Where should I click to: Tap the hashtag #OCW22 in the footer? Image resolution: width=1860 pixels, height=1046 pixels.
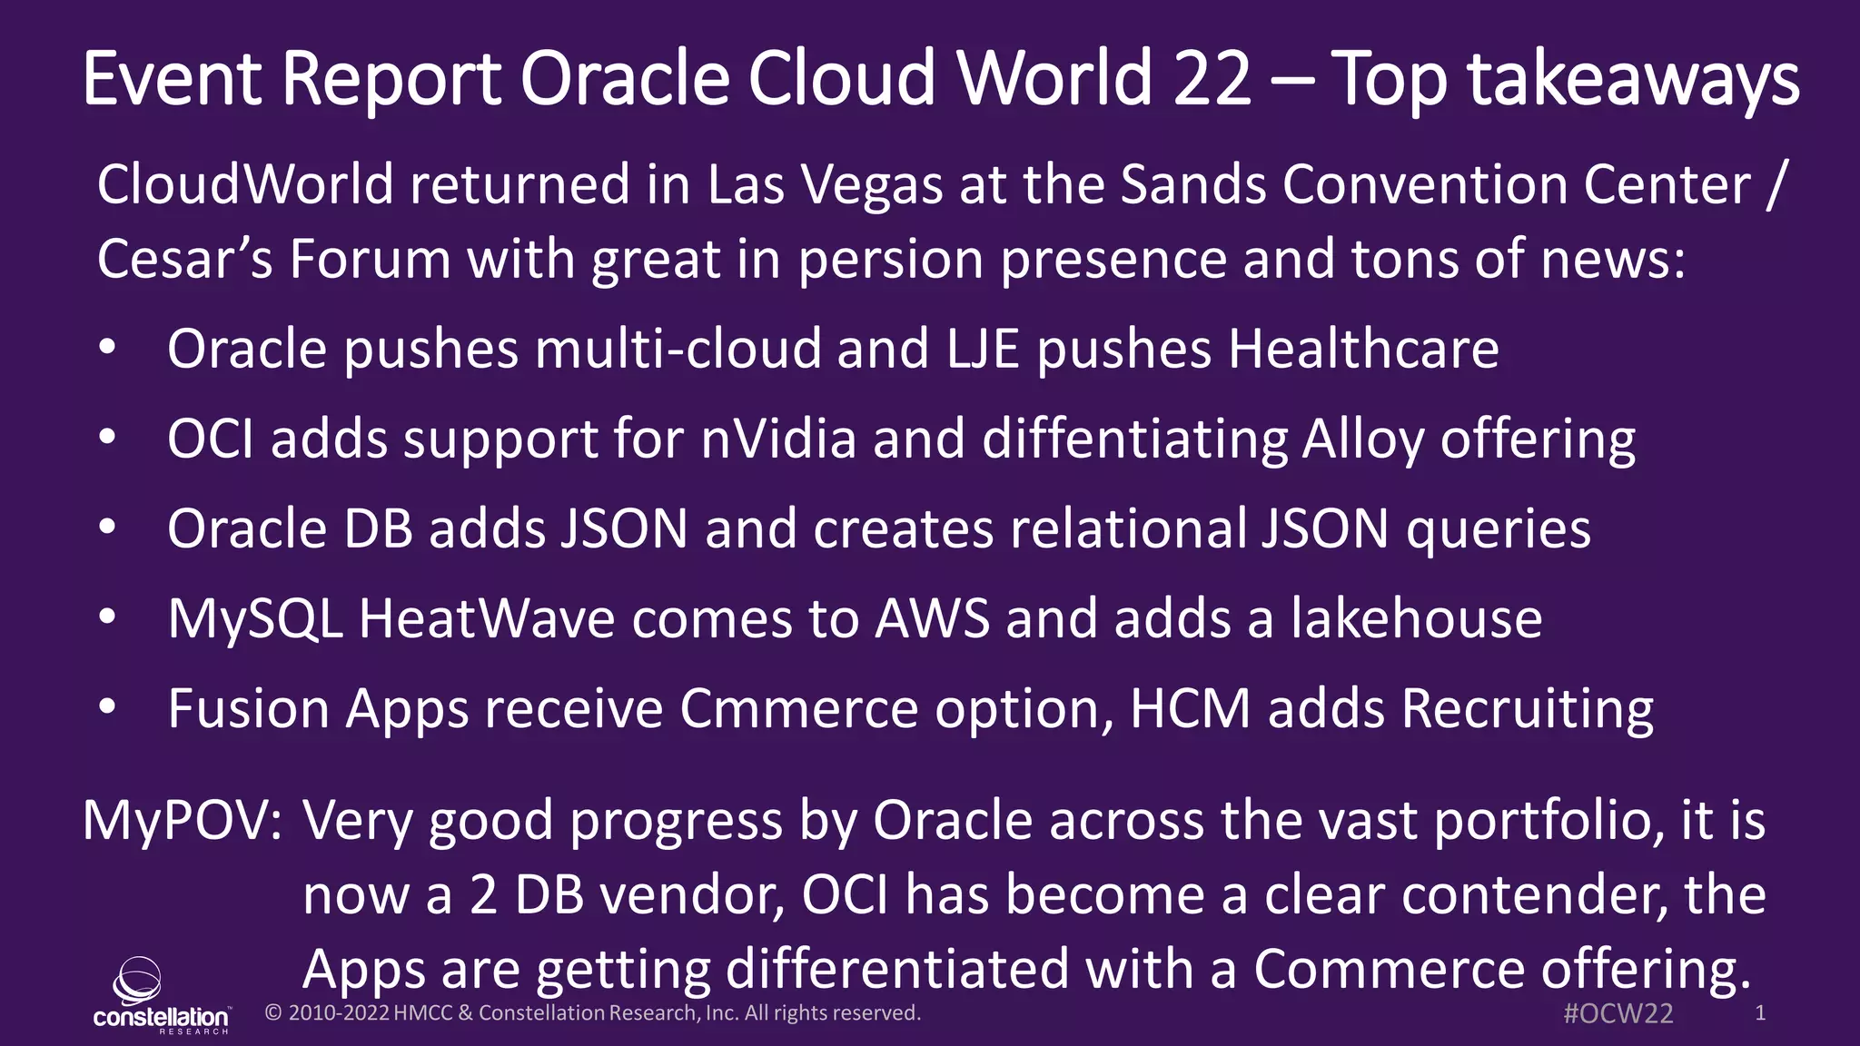click(1618, 1013)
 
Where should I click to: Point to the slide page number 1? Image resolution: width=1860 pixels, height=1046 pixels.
click(1759, 1012)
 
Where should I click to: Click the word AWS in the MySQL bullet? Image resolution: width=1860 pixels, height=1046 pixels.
click(932, 619)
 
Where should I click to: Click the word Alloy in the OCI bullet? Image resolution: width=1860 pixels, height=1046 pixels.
click(1362, 439)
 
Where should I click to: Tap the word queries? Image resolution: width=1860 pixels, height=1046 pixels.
click(1499, 529)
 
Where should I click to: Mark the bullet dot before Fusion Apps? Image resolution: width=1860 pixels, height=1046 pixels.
click(107, 707)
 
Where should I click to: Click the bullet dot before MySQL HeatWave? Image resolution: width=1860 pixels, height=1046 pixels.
click(107, 617)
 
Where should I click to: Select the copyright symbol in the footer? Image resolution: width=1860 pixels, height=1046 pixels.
click(272, 1013)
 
